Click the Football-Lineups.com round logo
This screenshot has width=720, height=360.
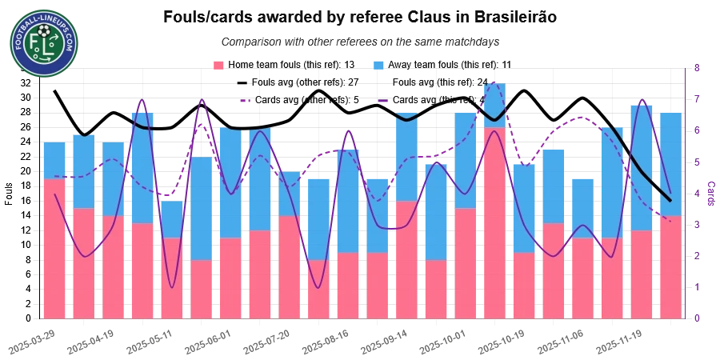(45, 45)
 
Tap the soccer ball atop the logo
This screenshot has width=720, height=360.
(45, 30)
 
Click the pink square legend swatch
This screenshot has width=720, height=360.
(217, 64)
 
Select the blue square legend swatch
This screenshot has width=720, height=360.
(378, 64)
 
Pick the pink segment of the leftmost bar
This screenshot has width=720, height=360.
(54, 248)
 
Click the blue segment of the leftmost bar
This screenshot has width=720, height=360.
(54, 160)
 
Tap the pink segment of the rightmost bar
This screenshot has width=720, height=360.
(670, 268)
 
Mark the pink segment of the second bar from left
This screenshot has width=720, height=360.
(83, 264)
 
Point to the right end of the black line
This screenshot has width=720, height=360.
(670, 201)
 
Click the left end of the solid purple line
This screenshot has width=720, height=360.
(54, 194)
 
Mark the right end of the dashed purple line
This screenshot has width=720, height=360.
(670, 218)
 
